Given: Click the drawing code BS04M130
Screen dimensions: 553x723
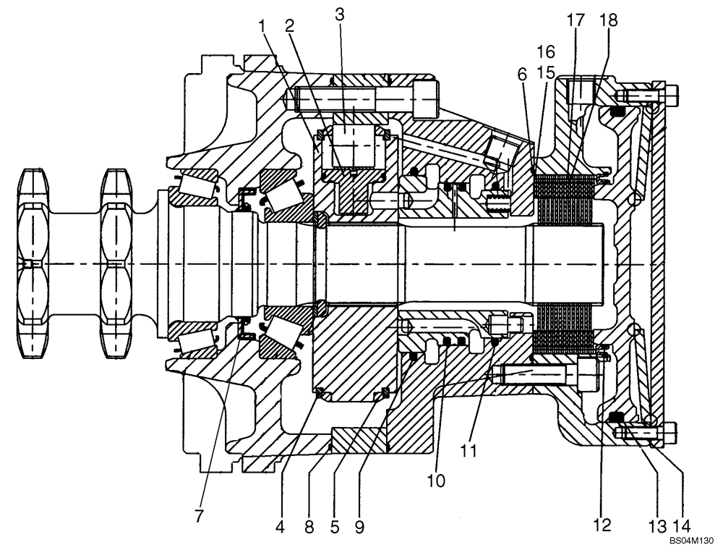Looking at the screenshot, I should tap(691, 541).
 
